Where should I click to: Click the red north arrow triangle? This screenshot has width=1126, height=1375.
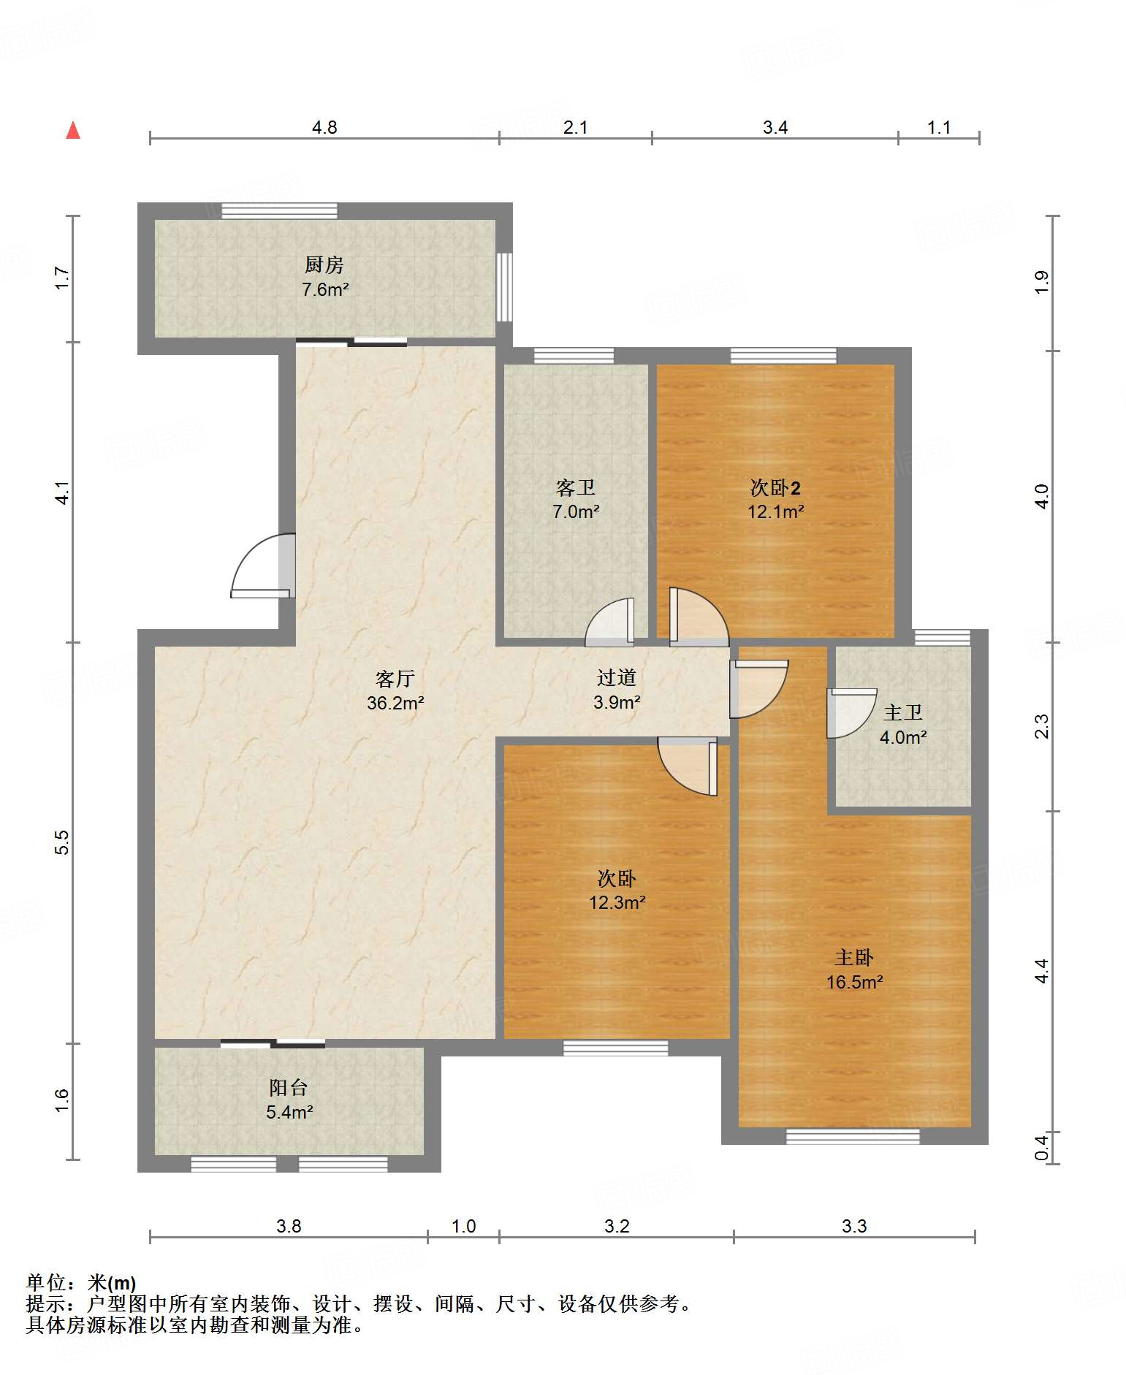(73, 130)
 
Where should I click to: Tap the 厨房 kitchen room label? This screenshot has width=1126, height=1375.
(324, 264)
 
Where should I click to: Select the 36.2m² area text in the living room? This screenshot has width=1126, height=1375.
(395, 703)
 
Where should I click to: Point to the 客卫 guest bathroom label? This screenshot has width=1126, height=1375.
(576, 487)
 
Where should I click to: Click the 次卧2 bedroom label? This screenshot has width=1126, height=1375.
(775, 487)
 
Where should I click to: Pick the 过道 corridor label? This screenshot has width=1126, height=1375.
(616, 678)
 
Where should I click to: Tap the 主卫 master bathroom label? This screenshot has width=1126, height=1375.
(903, 712)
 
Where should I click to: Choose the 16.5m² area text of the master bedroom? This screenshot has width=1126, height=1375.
(854, 982)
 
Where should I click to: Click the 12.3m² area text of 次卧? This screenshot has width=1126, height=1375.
(617, 902)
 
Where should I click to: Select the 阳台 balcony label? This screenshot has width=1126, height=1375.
(289, 1088)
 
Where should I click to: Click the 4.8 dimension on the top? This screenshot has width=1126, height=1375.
(324, 128)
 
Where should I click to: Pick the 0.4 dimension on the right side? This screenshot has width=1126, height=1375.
(1042, 1147)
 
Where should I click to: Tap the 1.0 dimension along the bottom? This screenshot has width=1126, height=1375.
(464, 1226)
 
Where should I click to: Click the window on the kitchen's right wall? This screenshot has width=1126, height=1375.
(504, 287)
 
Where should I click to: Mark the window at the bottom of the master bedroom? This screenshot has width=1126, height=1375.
(853, 1136)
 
